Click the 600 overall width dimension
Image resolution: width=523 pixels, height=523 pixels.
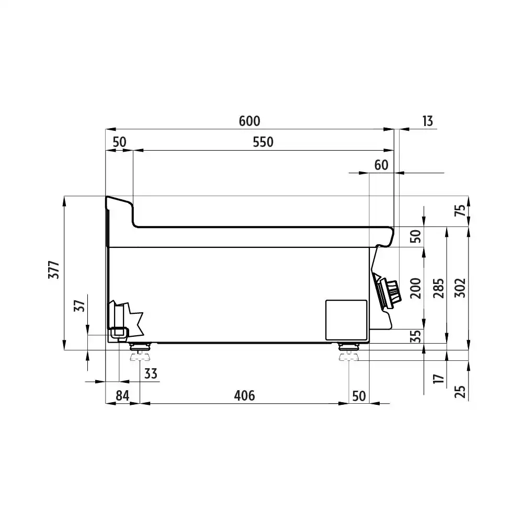(x=249, y=121)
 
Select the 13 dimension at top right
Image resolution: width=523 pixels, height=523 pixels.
(x=428, y=121)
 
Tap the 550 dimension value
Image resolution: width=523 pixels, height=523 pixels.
(x=263, y=142)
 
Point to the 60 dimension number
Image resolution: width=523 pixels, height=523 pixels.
(x=381, y=165)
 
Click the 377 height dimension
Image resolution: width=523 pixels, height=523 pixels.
(x=54, y=270)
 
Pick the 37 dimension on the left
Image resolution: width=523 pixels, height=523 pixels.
(x=79, y=305)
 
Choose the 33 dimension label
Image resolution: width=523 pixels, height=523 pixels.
(x=151, y=373)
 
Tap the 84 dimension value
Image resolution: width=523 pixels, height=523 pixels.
(x=122, y=396)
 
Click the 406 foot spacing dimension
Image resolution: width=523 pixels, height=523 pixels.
(x=244, y=396)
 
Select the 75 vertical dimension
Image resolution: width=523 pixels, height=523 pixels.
(x=460, y=210)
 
